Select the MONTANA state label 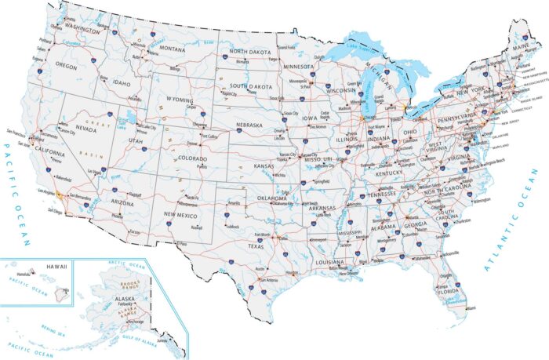coord(172,49)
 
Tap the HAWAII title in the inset coord(56,267)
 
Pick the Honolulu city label coord(24,274)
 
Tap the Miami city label coord(471,308)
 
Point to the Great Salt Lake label coord(125,120)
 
